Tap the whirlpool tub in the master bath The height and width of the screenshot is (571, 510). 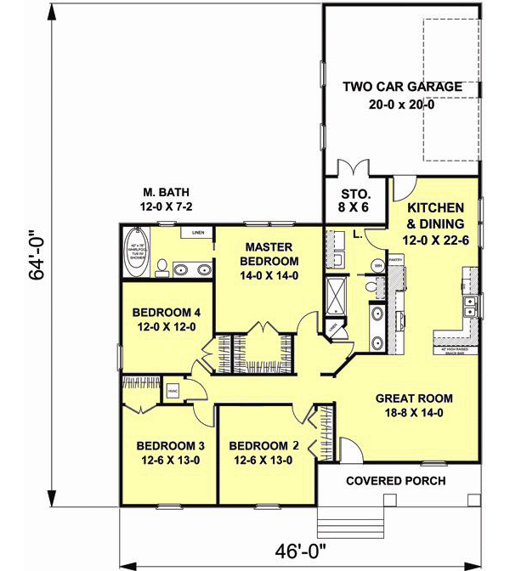coord(136,252)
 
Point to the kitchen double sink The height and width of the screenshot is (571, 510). coord(467,303)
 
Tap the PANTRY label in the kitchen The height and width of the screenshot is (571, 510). coord(394,261)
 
